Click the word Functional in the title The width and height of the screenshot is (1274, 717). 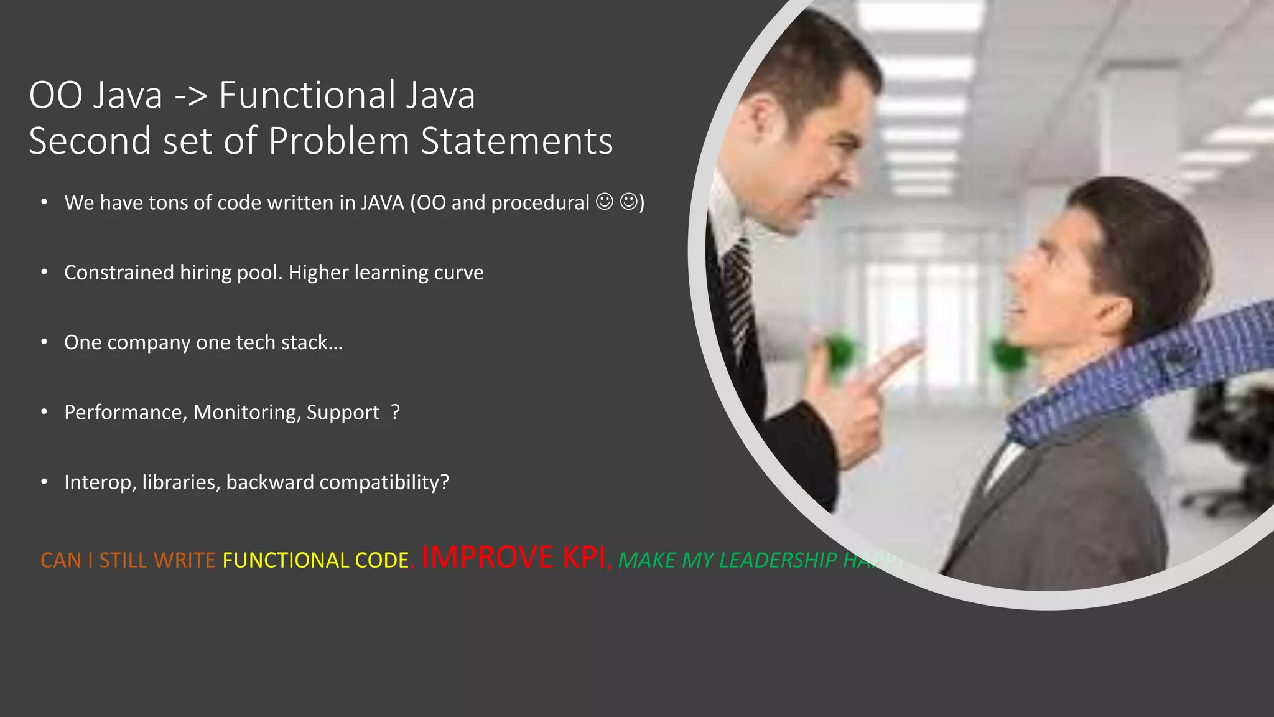pos(307,95)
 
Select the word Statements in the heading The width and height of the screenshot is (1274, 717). pos(517,141)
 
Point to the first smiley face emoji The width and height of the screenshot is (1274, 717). pos(604,202)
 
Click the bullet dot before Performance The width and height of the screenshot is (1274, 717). pos(44,412)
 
